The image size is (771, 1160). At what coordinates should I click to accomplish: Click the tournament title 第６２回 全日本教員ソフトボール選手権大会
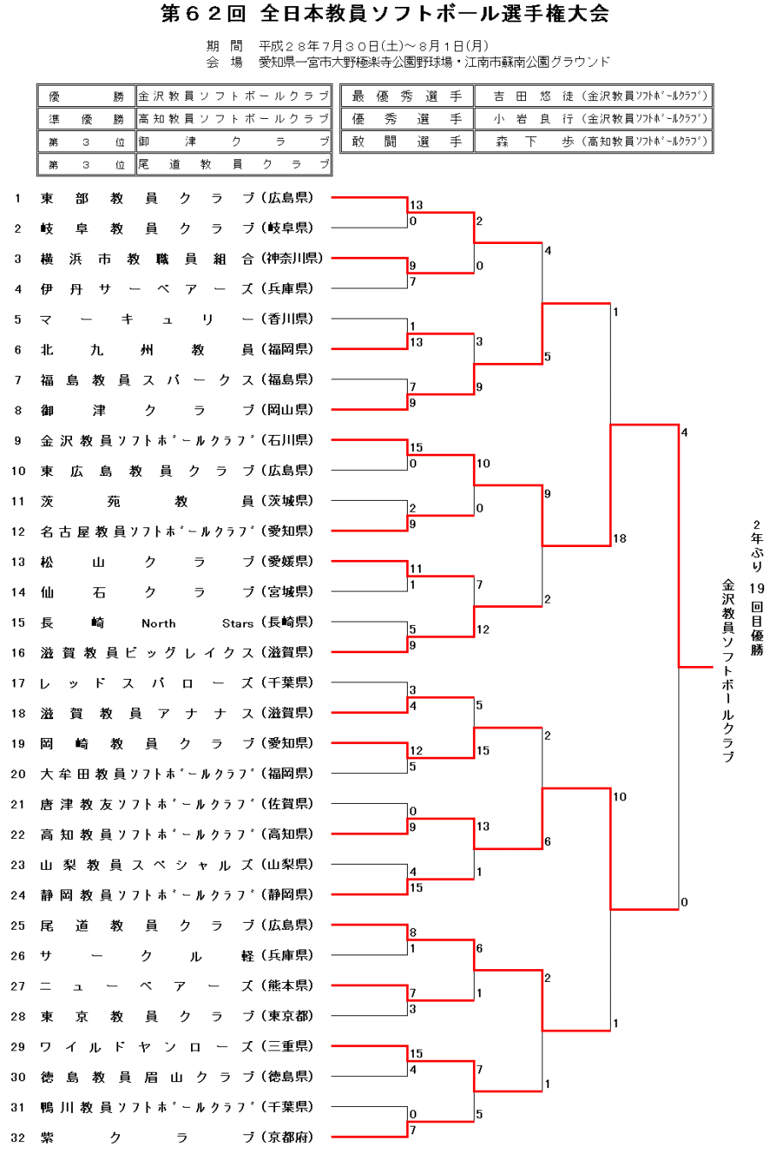(x=385, y=14)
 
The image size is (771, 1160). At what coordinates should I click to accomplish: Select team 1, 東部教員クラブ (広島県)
(x=176, y=199)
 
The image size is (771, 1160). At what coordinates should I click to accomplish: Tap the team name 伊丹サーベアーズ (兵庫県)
(x=176, y=289)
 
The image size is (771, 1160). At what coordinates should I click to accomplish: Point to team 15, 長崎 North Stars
(x=176, y=623)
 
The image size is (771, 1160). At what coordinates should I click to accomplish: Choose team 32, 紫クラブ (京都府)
(x=176, y=1138)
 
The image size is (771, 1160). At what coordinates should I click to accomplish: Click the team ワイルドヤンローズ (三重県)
(x=176, y=1047)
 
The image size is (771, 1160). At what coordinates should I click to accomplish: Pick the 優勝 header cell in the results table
(x=86, y=97)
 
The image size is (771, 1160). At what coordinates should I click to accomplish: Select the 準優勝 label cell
(x=86, y=119)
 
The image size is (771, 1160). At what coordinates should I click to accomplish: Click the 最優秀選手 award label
(x=407, y=97)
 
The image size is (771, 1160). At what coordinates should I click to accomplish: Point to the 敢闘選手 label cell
(x=407, y=141)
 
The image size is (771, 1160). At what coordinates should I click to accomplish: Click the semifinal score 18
(x=619, y=538)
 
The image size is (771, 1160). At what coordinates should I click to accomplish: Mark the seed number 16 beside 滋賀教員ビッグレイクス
(x=18, y=653)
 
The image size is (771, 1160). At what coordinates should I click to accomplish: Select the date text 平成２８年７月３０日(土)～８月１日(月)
(x=374, y=46)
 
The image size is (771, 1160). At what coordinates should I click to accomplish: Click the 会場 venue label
(x=224, y=62)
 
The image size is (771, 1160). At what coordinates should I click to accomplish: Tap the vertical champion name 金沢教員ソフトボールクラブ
(x=728, y=670)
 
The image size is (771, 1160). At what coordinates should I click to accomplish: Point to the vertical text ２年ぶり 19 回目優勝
(x=756, y=587)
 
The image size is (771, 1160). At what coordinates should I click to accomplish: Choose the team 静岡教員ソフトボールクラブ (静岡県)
(x=176, y=895)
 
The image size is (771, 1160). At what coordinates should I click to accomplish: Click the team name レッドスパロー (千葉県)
(x=176, y=683)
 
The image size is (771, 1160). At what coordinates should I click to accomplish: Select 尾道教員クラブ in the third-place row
(x=232, y=164)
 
